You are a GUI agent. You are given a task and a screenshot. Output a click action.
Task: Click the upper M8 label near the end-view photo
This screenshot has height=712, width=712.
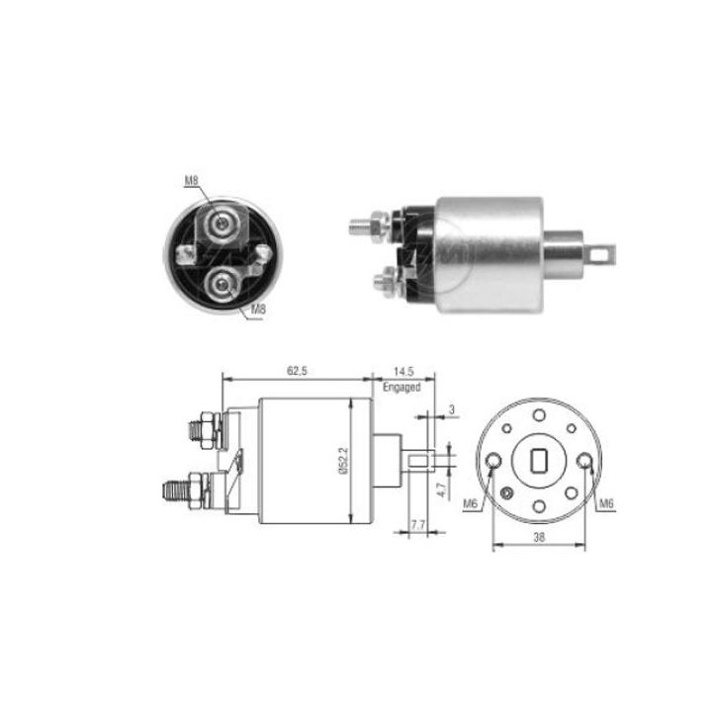191,179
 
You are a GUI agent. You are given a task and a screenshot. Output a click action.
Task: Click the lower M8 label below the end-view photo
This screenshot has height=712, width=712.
257,310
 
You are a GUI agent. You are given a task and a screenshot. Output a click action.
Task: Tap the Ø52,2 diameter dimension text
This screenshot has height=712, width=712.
343,462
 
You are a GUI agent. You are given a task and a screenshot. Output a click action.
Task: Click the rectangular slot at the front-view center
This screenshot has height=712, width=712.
541,461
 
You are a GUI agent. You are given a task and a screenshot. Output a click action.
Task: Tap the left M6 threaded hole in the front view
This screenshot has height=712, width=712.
493,461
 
